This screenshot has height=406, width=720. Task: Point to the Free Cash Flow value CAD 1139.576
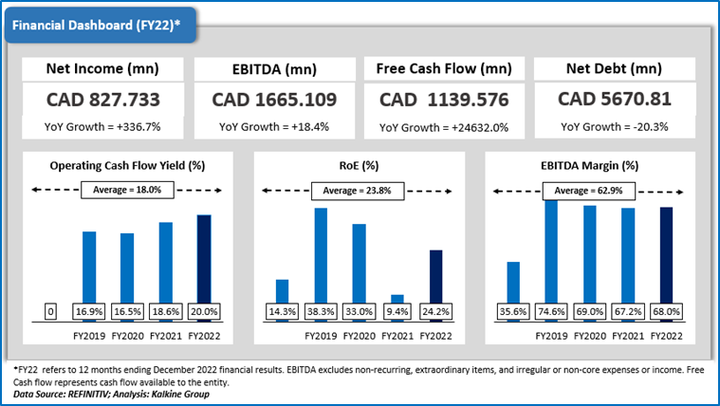[444, 100]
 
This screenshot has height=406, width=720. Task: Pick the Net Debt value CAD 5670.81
[615, 100]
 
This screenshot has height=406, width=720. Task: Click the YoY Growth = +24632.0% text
[444, 127]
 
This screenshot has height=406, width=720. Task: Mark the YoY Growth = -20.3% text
[615, 127]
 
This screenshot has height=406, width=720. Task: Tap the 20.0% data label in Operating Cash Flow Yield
[204, 310]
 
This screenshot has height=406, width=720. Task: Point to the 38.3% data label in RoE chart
[320, 310]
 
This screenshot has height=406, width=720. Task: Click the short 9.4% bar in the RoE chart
[397, 299]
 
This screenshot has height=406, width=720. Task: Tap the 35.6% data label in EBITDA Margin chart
[512, 310]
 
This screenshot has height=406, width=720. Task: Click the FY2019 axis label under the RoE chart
[320, 335]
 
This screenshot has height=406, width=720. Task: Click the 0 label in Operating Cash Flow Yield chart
[51, 310]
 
